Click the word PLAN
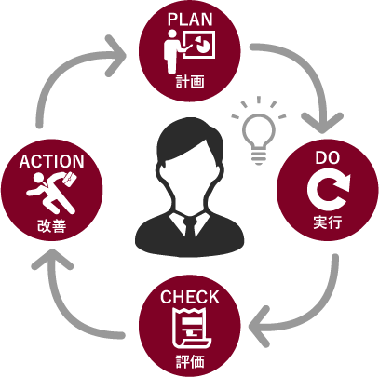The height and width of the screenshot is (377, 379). pos(190,20)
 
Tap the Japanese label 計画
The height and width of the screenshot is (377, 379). pos(190,82)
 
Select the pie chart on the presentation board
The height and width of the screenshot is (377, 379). pos(201,44)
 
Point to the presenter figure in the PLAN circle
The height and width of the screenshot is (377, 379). pos(174,51)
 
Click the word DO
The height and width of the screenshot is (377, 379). pos(328,157)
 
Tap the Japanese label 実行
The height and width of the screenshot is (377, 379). pos(328,222)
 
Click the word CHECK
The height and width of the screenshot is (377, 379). pos(190,297)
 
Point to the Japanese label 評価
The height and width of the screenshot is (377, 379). pos(190,361)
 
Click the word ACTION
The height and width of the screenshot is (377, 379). pos(51,161)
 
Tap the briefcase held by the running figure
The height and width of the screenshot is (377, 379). pos(70,180)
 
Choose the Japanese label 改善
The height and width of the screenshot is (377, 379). pos(52,225)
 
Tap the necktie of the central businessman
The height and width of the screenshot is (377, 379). pos(189,230)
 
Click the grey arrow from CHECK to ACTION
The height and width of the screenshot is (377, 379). pos(65,314)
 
